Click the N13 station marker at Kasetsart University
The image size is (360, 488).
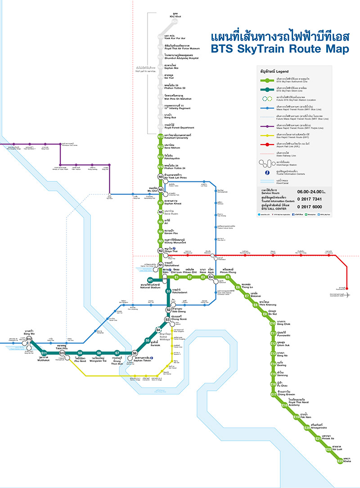(x=160, y=136)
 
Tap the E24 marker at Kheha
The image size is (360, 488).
(x=340, y=461)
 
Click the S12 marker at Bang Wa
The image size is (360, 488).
(x=29, y=339)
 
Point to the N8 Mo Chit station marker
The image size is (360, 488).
(x=160, y=190)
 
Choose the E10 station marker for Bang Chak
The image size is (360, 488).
(x=273, y=323)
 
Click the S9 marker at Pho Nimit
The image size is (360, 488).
(x=80, y=353)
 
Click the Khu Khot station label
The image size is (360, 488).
(x=175, y=15)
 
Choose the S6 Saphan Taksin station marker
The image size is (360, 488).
(x=135, y=353)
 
